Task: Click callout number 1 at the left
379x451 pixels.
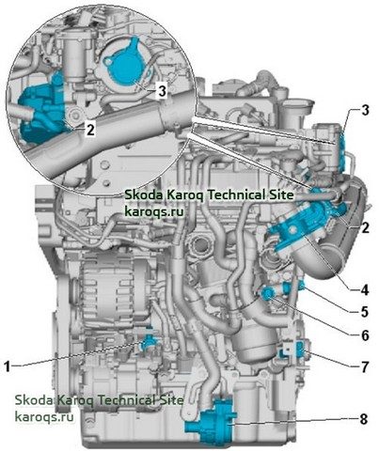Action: coord(8,366)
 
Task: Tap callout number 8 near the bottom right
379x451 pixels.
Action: coord(364,419)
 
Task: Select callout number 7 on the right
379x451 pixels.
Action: coord(364,366)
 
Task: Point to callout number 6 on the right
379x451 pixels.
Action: coord(365,335)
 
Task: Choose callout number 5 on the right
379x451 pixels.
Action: coord(365,311)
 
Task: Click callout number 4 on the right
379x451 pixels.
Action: coord(364,290)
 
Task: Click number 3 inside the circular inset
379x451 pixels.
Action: coord(162,91)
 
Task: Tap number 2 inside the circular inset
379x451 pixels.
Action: coord(90,130)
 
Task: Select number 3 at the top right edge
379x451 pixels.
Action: coord(365,110)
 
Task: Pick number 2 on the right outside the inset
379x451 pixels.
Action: coord(365,227)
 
